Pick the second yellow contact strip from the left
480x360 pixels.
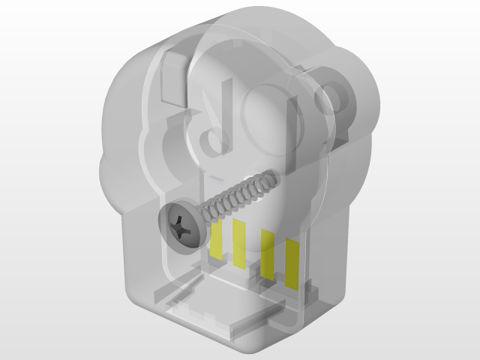(238, 243)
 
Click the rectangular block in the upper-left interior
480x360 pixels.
(174, 75)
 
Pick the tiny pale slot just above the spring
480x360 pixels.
(214, 180)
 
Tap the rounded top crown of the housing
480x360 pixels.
(247, 19)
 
